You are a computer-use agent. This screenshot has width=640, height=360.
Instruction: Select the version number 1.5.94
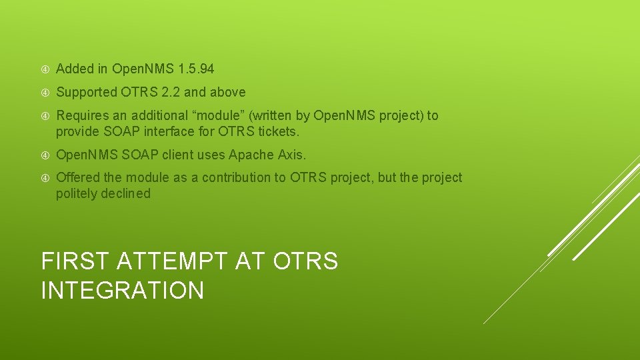197,69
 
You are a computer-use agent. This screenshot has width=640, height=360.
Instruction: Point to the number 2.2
172,92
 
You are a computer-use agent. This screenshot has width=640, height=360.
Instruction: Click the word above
227,92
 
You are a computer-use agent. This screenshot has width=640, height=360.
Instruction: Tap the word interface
173,131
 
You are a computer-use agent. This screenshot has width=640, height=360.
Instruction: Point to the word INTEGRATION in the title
123,291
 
